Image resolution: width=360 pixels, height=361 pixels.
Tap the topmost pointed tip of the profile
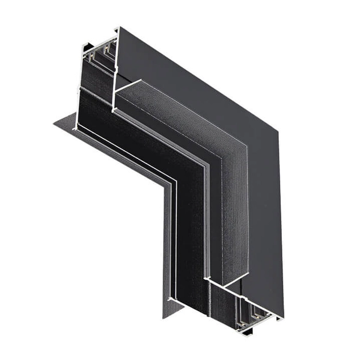[118, 27]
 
